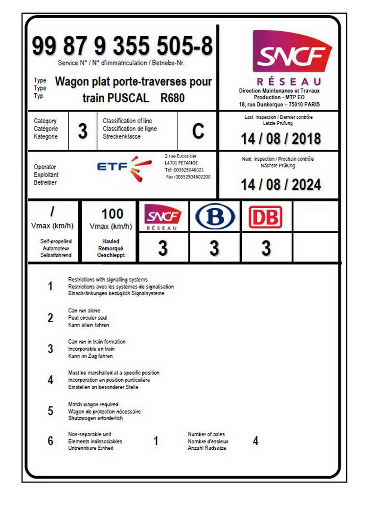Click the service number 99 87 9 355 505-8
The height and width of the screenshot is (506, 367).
pos(122,47)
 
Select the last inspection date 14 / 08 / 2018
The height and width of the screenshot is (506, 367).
pos(280,138)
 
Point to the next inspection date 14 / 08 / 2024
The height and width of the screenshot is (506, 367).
pos(280,184)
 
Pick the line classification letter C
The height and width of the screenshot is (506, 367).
pos(198,131)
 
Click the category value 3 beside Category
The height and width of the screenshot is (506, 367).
pos(83,131)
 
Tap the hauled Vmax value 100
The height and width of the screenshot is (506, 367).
pos(112,214)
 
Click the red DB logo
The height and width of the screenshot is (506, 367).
pos(265,217)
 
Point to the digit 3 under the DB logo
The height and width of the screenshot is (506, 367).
pos(266,248)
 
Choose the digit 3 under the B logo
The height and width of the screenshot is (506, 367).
pos(214,248)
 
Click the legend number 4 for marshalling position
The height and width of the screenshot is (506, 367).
pos(50,380)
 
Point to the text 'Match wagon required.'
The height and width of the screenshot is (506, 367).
pos(94,404)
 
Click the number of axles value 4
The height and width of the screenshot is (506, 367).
pos(255,441)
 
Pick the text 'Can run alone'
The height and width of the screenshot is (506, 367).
pos(84,310)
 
